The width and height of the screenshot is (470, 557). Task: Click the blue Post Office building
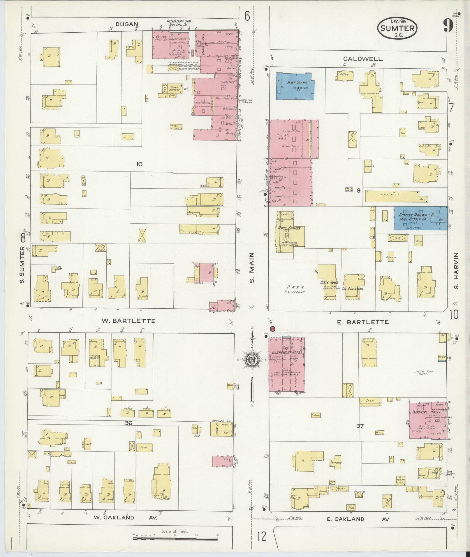tap(295, 86)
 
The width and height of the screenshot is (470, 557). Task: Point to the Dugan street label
tap(127, 24)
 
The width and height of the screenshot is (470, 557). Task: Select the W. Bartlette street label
tap(128, 321)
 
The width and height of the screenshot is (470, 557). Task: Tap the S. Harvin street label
tap(456, 271)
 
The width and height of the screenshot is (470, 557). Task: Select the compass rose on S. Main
tap(251, 360)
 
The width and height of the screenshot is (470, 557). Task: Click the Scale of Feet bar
tap(175, 539)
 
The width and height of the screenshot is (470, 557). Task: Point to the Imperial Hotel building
tap(427, 421)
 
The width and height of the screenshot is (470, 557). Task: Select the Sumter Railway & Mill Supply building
tap(420, 218)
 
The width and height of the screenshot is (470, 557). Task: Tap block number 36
tap(128, 423)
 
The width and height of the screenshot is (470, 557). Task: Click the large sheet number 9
tap(448, 26)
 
